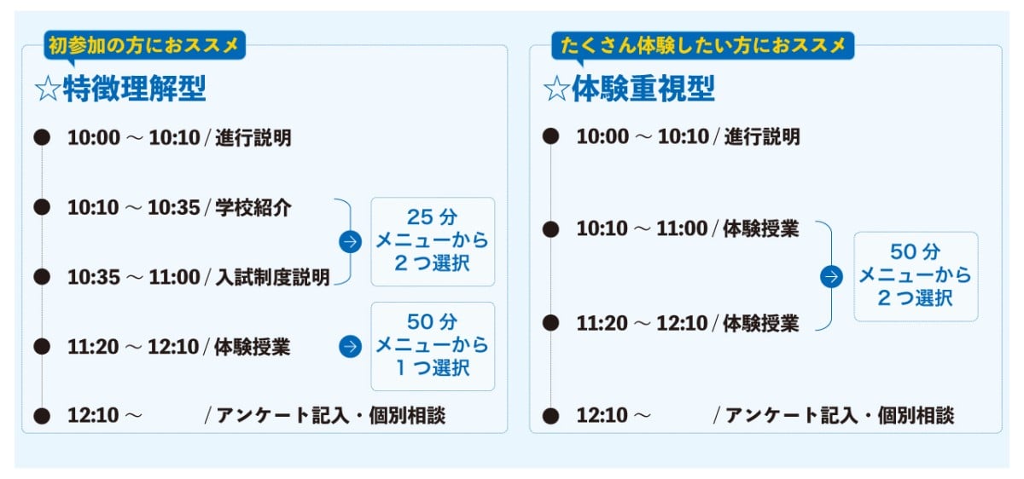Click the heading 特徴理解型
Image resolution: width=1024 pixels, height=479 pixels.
point(135,89)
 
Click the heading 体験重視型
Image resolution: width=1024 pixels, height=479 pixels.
point(643,89)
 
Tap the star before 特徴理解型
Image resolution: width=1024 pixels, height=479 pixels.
point(48,89)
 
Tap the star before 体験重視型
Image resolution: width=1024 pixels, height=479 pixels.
point(556,89)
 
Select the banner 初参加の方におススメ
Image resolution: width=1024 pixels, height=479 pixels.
point(144,45)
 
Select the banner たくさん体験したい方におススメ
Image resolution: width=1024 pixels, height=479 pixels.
point(702,45)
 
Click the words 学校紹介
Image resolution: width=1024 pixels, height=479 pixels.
point(253,208)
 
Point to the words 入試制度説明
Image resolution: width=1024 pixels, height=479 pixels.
point(272,277)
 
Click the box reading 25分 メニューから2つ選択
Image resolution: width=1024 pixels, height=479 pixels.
point(433,241)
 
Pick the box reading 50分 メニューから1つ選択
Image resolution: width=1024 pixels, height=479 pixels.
point(433,346)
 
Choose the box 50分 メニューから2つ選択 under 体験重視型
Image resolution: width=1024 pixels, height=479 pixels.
point(916,276)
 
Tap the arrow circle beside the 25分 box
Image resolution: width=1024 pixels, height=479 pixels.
point(350,241)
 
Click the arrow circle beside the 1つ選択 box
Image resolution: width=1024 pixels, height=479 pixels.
point(350,346)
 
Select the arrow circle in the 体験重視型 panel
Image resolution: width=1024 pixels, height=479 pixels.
point(831,276)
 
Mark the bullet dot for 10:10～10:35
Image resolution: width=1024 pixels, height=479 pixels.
point(42,207)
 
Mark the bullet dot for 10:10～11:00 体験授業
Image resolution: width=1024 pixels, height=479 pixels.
point(550,228)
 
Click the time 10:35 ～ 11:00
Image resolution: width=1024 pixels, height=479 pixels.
point(134,277)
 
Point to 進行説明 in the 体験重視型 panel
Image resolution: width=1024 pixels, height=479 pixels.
point(762,136)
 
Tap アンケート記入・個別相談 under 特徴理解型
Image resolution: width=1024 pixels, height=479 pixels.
point(331,416)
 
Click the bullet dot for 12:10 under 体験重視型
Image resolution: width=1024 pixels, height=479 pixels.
point(550,416)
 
